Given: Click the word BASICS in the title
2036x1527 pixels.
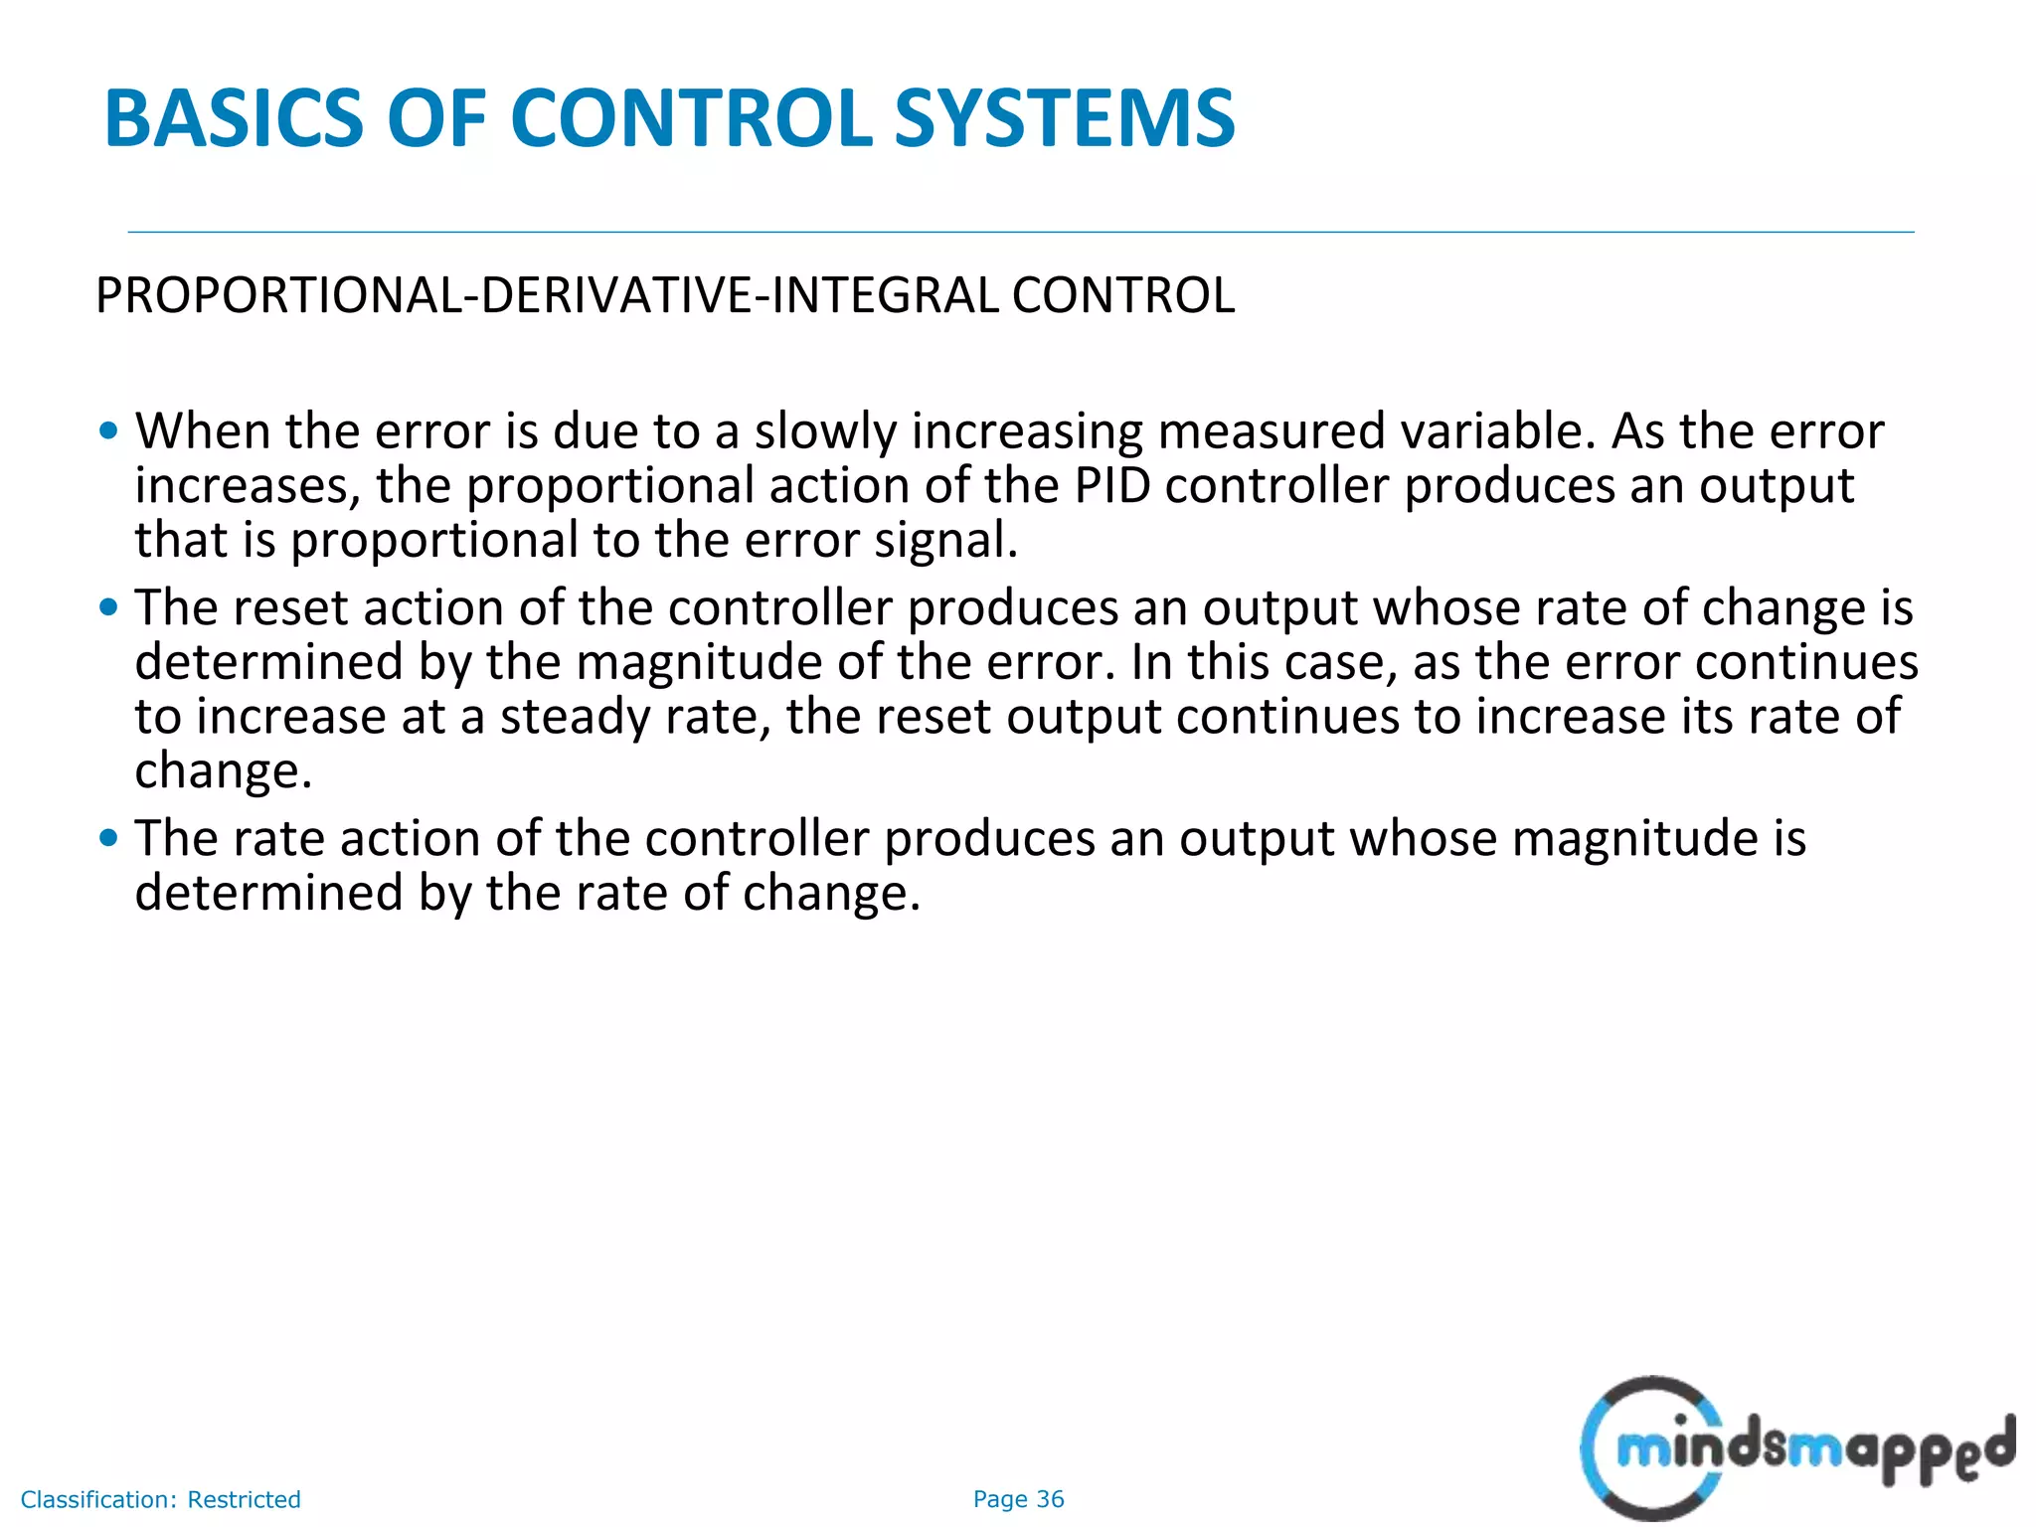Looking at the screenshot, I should click(234, 119).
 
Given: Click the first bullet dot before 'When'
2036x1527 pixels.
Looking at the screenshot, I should click(109, 431).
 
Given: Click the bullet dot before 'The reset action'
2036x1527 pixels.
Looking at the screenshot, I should click(109, 607).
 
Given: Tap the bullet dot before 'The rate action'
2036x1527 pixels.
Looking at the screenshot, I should click(109, 838).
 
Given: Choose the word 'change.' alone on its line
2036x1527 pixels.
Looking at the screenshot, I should click(224, 770).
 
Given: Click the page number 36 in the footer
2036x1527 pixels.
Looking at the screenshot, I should click(1050, 1499).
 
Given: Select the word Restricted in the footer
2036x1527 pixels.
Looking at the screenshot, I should click(244, 1499).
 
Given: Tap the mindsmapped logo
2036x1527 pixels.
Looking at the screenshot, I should click(1794, 1448).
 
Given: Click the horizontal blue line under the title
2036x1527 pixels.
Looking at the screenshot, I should click(1020, 233).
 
